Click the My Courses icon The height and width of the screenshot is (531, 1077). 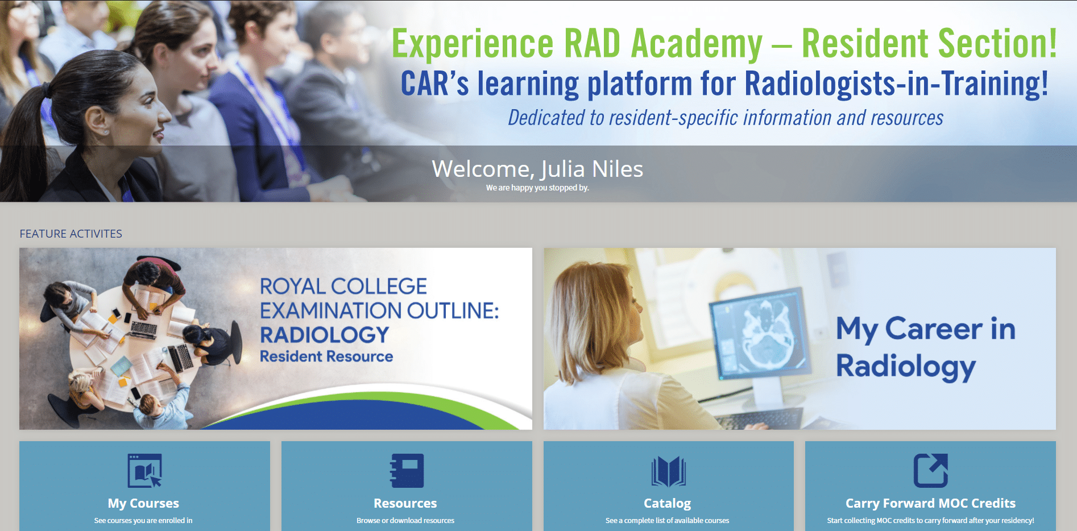(144, 470)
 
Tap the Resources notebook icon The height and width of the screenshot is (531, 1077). (407, 470)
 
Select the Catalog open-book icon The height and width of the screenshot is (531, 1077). (668, 471)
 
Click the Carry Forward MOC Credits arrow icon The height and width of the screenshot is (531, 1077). (931, 470)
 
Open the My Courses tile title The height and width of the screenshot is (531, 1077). (143, 503)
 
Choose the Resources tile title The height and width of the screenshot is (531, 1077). (405, 503)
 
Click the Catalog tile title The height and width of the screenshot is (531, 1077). (668, 504)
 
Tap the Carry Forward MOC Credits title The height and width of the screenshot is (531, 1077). (930, 503)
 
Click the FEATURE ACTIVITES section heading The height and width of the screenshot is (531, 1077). (71, 234)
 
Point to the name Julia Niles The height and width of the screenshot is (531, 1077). (592, 169)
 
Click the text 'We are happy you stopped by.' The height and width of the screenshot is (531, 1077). (537, 188)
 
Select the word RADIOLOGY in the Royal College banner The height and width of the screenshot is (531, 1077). (325, 335)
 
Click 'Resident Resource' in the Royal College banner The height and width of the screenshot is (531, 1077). (326, 356)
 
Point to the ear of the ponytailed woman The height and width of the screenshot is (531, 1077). (97, 121)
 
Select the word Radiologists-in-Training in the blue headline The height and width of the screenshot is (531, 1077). (896, 84)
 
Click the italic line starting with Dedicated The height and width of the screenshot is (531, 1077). (726, 118)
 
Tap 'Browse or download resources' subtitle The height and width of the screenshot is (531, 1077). (405, 520)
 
